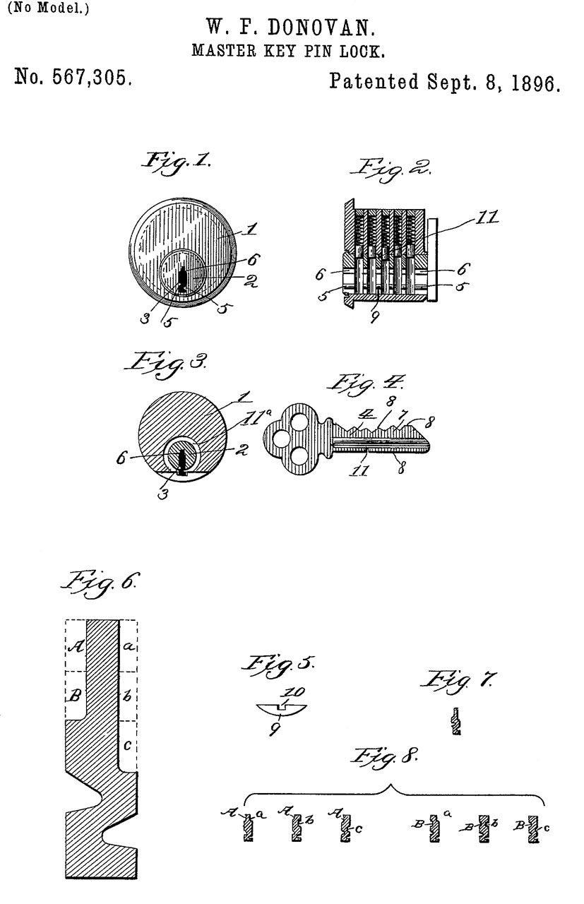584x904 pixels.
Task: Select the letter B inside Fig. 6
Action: pos(73,695)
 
